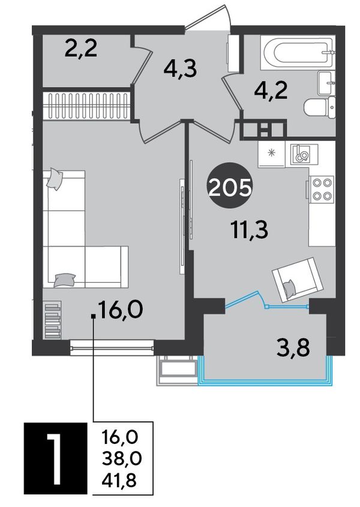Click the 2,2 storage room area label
(x=81, y=50)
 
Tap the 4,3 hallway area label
(x=180, y=69)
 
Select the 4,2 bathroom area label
(x=271, y=91)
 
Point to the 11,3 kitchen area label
(x=250, y=230)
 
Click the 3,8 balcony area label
(x=293, y=347)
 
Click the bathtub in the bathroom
(x=298, y=52)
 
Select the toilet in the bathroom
(x=320, y=107)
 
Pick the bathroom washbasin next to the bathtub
(x=326, y=83)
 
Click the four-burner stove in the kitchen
(x=321, y=190)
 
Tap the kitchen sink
(x=304, y=154)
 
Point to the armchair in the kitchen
(x=298, y=280)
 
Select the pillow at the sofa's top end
(x=54, y=179)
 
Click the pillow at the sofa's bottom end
(x=65, y=280)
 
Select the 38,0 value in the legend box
(x=122, y=458)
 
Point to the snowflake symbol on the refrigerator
(x=272, y=152)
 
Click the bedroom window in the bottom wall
(x=112, y=348)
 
